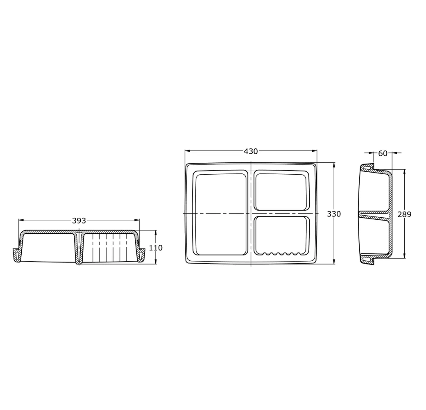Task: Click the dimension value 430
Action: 251,151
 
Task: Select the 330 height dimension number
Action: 334,214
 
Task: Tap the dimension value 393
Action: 79,221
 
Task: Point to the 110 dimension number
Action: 156,248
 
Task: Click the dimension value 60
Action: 383,153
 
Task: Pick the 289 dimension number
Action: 404,214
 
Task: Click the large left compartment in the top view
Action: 220,214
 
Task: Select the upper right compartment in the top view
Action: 281,191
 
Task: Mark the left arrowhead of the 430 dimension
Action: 187,151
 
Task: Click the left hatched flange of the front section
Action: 16,255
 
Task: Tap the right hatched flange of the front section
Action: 142,255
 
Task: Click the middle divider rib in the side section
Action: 375,214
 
